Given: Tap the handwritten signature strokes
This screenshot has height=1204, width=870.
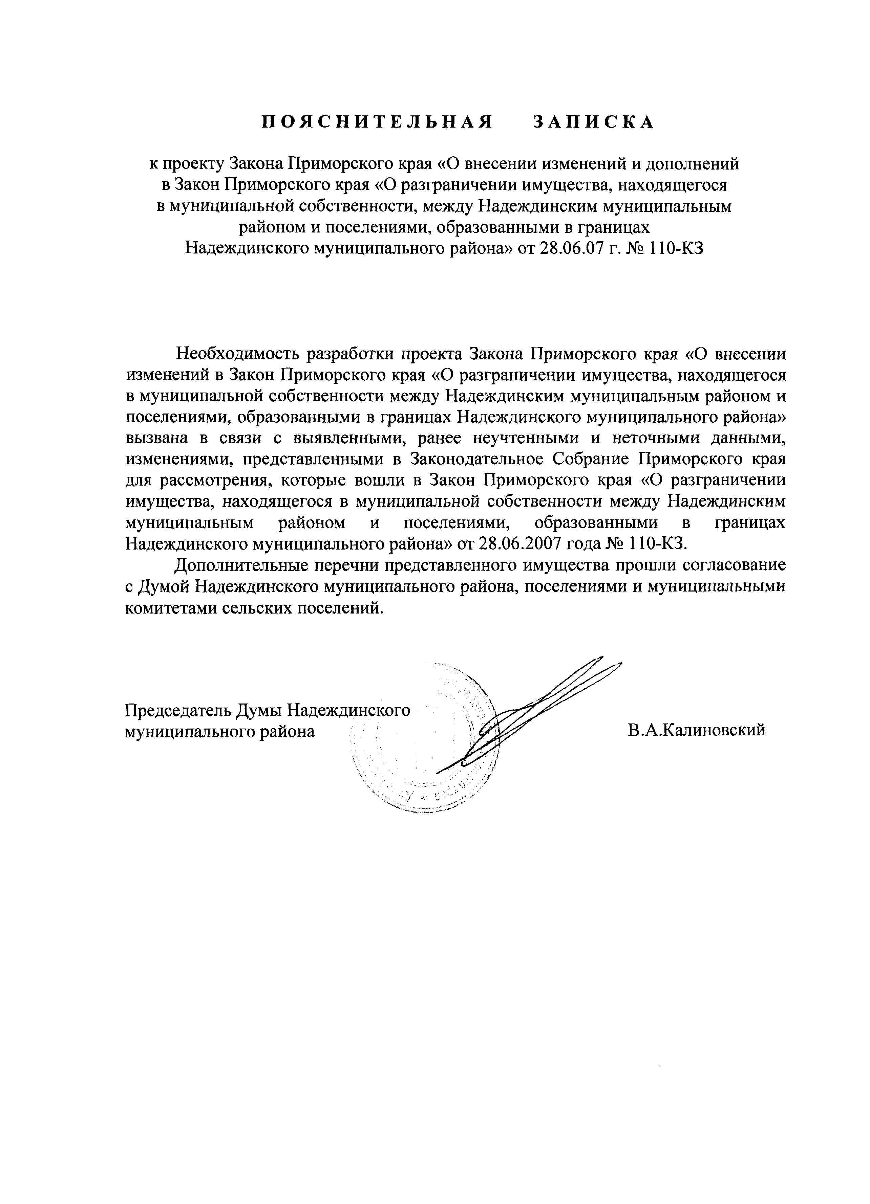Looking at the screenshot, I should tap(531, 711).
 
